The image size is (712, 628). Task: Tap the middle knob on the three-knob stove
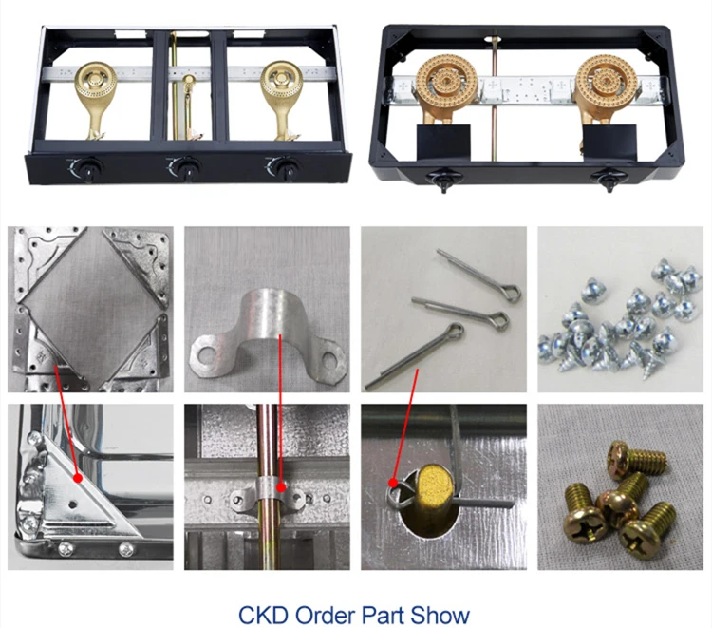coord(185,168)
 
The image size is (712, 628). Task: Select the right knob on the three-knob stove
coord(285,167)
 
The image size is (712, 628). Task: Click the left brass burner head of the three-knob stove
coord(95,80)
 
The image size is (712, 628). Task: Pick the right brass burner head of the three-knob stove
coord(281,80)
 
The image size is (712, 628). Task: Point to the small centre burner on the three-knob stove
coord(189,83)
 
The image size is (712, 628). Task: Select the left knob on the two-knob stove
coord(442,180)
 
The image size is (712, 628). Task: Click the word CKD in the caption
coord(263,615)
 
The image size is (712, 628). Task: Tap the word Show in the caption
coord(440,615)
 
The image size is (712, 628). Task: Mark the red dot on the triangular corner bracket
coord(78,478)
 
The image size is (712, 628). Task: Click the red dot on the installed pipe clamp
coord(282,488)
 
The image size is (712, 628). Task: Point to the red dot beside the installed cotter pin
coord(393,482)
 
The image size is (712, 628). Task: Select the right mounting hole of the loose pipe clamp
coord(329,359)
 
